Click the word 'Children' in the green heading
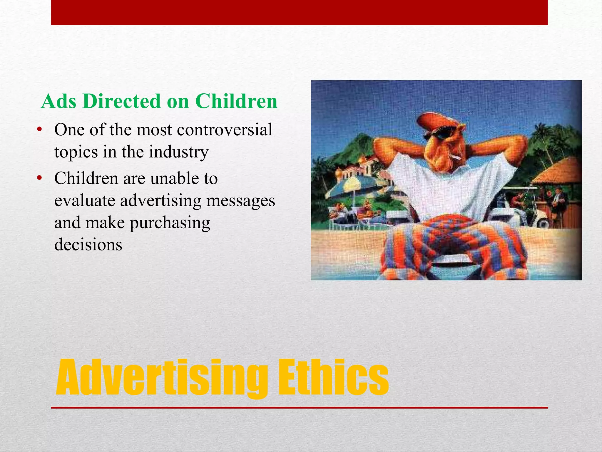click(236, 101)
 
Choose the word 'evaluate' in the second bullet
click(85, 201)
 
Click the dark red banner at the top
click(299, 12)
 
